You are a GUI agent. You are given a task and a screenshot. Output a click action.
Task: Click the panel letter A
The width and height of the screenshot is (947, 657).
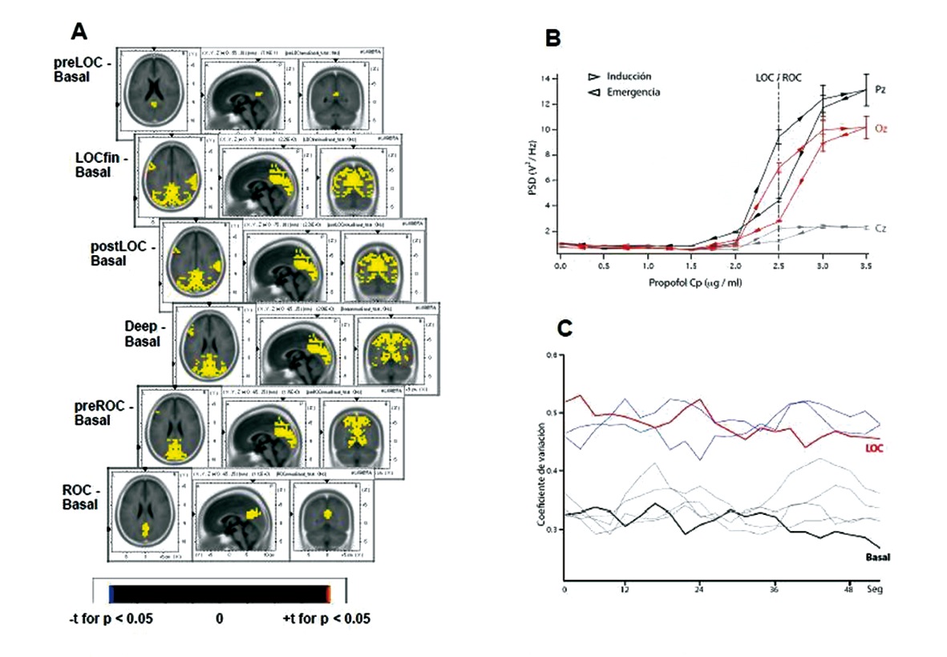(x=79, y=31)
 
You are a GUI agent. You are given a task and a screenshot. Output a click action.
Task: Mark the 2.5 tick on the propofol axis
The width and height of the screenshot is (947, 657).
(x=778, y=265)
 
